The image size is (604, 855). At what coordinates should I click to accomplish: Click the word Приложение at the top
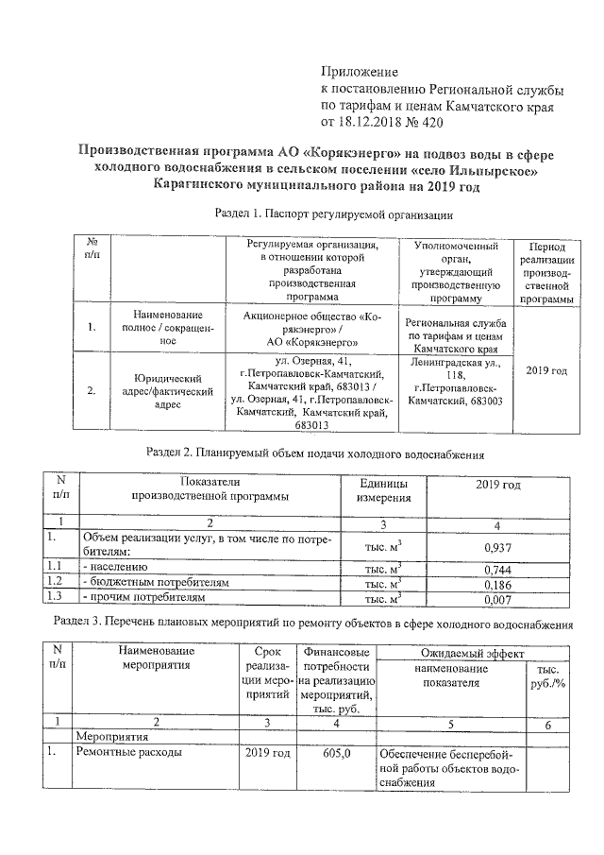361,72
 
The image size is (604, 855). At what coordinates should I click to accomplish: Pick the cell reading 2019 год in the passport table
546,371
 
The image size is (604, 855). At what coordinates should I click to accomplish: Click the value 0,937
497,547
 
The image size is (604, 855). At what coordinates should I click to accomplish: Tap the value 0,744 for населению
498,570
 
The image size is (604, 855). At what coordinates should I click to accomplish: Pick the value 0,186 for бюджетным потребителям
498,585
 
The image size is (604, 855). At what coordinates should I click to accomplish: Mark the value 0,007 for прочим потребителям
498,600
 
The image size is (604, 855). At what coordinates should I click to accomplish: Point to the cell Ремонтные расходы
128,754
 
